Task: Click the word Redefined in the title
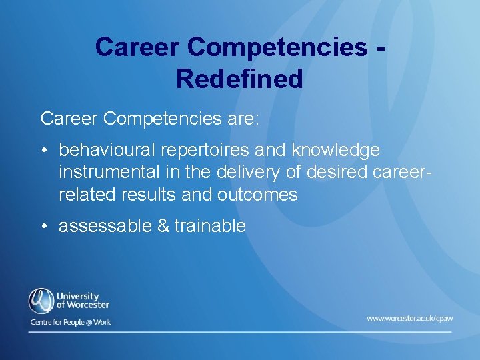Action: click(x=239, y=79)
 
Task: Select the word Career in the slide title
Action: click(x=137, y=47)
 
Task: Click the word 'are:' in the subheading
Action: click(x=242, y=119)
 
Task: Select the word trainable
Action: click(x=210, y=226)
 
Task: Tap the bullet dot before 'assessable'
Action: click(x=44, y=227)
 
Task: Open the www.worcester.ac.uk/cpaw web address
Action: click(x=409, y=319)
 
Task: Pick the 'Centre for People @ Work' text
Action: click(x=70, y=322)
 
